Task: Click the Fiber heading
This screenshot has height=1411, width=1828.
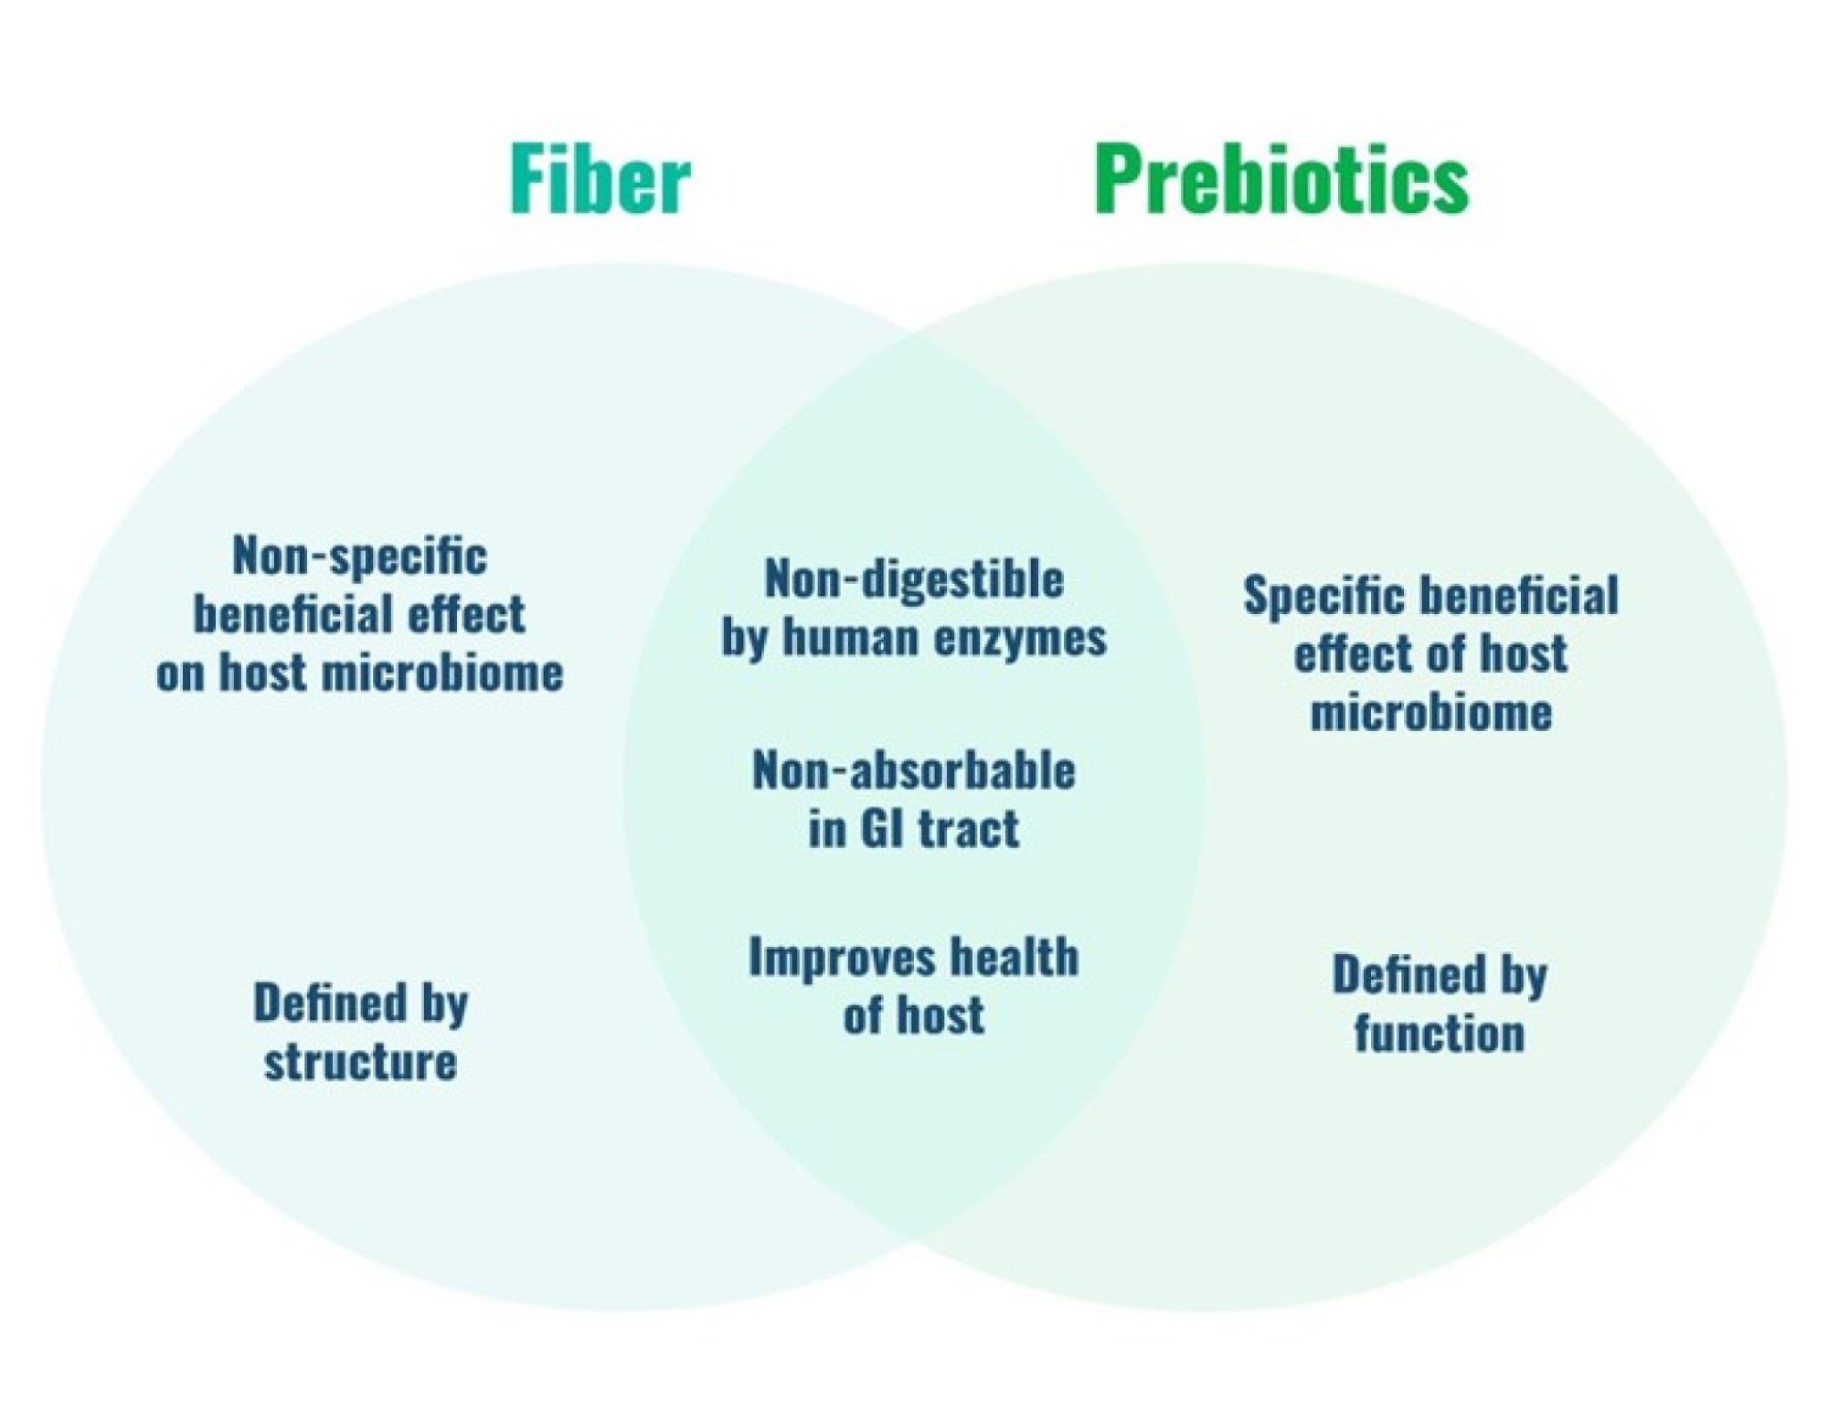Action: [600, 179]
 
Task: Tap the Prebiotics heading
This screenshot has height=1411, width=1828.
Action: [1281, 179]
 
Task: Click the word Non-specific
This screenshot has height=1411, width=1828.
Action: [359, 557]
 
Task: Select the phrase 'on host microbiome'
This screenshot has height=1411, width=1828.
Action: [359, 674]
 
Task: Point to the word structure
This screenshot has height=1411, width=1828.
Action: [360, 1062]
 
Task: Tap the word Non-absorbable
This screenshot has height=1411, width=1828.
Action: [914, 770]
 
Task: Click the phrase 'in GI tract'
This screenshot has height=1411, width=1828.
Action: [914, 829]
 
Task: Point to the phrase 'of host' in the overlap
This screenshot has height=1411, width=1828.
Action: [914, 1015]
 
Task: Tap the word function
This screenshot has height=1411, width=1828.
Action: [1440, 1034]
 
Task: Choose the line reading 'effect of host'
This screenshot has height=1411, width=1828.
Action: [1430, 653]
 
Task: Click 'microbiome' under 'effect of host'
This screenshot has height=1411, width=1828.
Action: [1431, 712]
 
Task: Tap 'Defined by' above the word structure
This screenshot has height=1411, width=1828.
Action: [360, 1003]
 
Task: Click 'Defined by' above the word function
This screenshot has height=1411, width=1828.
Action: [1440, 975]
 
